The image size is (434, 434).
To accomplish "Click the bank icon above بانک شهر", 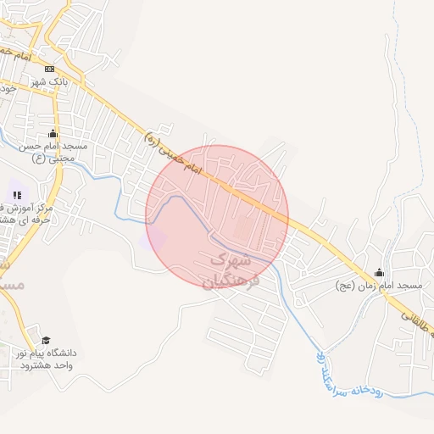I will (x=50, y=69).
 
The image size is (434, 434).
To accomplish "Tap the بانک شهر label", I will (x=50, y=81).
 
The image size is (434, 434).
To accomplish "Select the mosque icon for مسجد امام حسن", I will (x=53, y=134).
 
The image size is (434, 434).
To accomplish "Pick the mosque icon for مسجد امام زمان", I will (x=379, y=273).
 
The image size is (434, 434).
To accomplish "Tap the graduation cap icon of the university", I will (x=46, y=340).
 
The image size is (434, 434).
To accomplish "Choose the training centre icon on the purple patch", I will (x=18, y=195).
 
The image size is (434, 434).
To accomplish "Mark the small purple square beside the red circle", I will (x=153, y=239).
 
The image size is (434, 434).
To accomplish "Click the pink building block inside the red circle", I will (x=243, y=229).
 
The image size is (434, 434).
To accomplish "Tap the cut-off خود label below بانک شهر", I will (x=8, y=87).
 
